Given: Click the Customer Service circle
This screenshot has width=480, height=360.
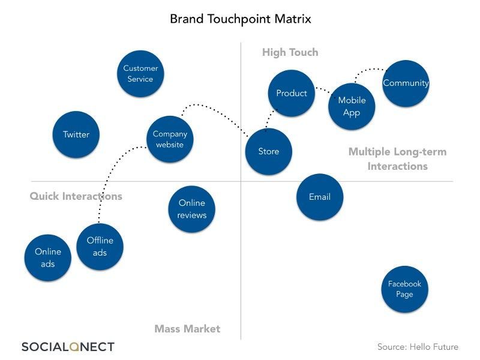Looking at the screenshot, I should (140, 73).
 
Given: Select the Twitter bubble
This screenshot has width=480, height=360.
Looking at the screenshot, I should (76, 134).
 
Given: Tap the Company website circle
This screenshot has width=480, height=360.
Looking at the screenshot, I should (170, 139).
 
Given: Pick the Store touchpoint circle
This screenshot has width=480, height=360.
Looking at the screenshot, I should (269, 151).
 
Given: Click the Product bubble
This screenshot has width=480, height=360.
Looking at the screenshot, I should (292, 93).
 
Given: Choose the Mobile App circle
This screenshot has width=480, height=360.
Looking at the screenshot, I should (352, 106).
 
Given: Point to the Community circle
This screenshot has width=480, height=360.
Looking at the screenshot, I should (406, 83).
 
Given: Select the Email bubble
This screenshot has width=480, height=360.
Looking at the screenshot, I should (320, 197).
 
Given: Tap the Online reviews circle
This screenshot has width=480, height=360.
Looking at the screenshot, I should (192, 209).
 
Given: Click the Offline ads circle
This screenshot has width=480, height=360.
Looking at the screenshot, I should (100, 246).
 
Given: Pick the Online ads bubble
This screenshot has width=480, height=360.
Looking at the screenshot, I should (48, 257).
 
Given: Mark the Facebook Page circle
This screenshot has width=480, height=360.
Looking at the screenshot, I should (404, 289).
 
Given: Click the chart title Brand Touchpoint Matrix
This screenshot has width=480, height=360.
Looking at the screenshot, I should (241, 19).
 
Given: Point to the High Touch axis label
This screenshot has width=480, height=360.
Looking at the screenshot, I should (290, 53).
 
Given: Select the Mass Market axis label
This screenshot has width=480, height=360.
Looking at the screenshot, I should (187, 329).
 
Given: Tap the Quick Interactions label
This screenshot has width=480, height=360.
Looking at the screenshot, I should (76, 196).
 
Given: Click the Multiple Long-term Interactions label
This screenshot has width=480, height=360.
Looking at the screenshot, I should (397, 159).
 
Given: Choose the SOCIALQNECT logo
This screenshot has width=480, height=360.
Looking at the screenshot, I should (68, 346).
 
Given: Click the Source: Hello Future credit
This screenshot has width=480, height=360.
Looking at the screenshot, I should (418, 347).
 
